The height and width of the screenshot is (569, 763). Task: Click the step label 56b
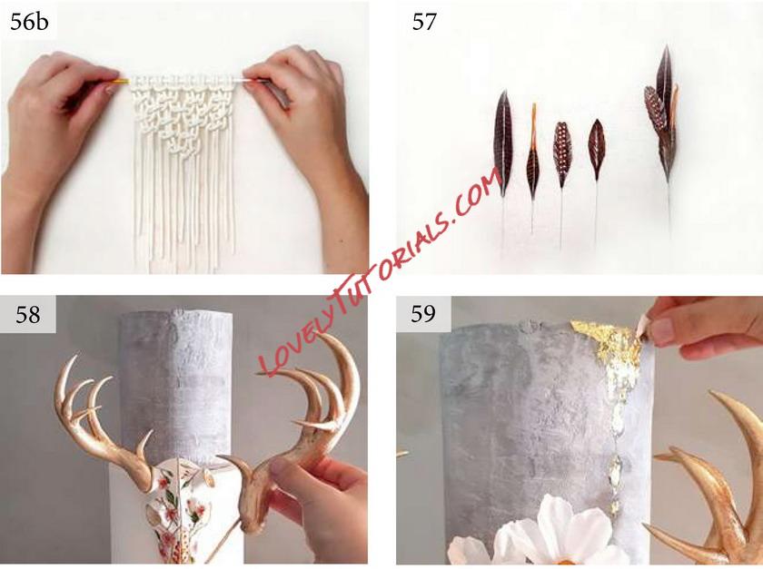pos(29,23)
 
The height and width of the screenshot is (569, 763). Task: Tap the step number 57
pos(424,23)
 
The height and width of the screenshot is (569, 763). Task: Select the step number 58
pos(28,315)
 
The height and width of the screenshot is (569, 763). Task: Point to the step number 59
pos(423,314)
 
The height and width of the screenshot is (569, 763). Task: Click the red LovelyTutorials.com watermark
pos(380,272)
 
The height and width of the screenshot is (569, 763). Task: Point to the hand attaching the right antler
pos(312,505)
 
